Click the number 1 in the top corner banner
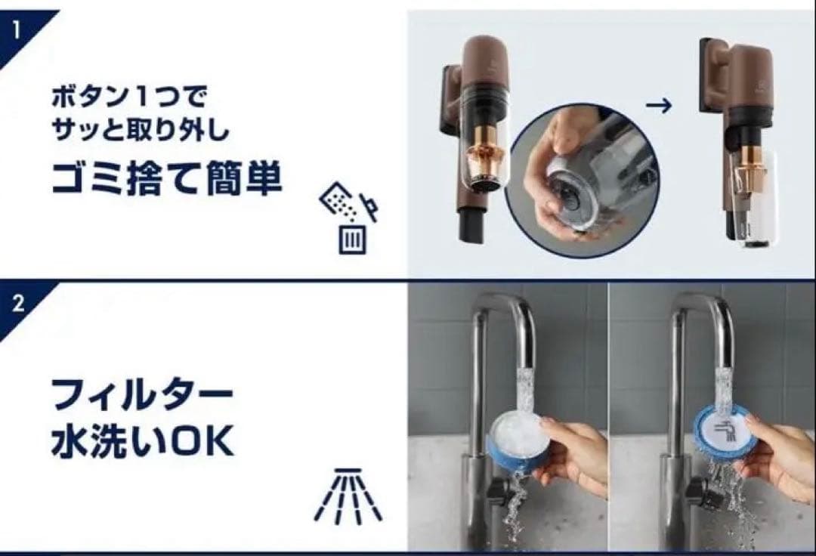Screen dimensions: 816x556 (16, 29)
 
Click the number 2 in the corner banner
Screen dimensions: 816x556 (18, 303)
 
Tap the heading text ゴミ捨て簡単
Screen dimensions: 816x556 (166, 178)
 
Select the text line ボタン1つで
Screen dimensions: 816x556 (130, 97)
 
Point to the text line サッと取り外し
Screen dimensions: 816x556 (141, 129)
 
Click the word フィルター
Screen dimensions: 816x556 (141, 397)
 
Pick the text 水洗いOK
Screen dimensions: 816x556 (141, 442)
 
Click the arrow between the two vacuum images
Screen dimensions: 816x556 (659, 106)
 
